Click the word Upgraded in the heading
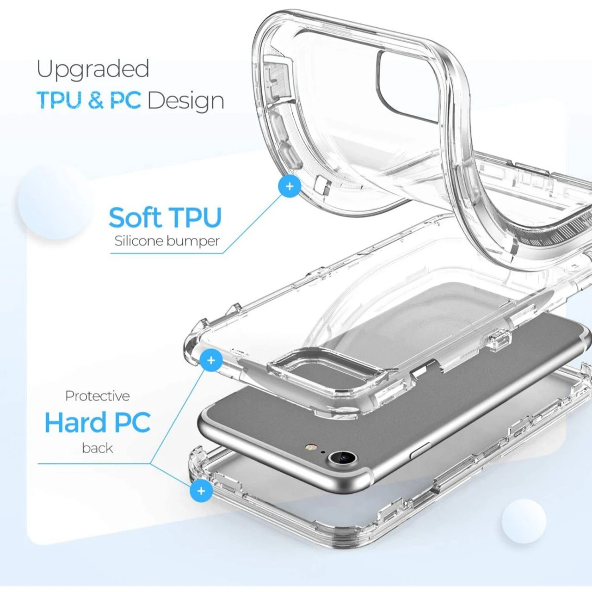click(93, 70)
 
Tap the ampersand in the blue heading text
click(95, 100)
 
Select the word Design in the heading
click(186, 101)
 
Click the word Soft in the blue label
click(135, 217)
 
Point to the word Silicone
click(140, 241)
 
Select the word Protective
click(98, 396)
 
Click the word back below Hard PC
click(98, 448)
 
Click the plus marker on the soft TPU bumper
click(290, 186)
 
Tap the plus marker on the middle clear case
click(211, 360)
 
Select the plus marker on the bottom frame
click(201, 491)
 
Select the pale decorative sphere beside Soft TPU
click(55, 201)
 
